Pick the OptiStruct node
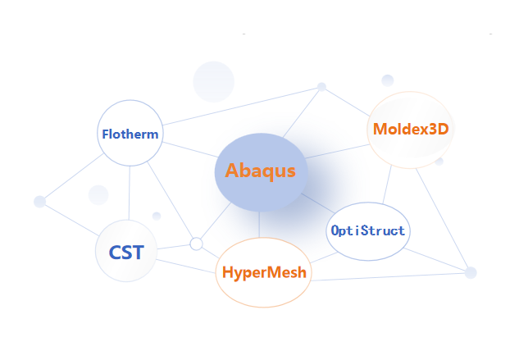(x=367, y=231)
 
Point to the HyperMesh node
(x=264, y=273)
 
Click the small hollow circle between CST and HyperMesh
(x=196, y=244)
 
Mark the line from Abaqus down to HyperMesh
(x=259, y=224)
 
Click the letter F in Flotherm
(x=105, y=134)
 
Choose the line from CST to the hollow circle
(x=173, y=246)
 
